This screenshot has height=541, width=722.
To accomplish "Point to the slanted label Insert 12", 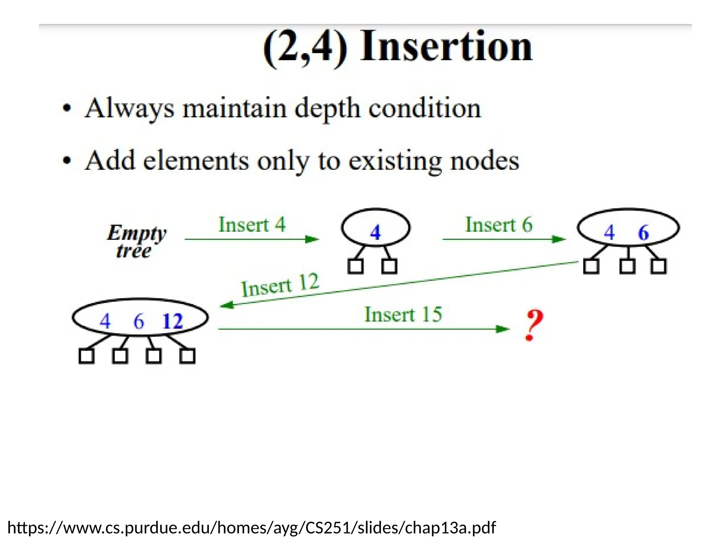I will point(280,285).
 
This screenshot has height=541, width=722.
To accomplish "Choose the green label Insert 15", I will point(403,314).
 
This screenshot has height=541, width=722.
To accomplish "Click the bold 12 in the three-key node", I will point(172,321).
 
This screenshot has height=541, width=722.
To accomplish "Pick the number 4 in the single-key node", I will point(375,232).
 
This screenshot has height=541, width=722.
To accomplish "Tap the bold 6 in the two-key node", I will point(643,232).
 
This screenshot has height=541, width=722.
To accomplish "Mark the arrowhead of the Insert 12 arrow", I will point(226,305).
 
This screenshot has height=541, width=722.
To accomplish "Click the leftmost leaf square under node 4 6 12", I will point(86,356).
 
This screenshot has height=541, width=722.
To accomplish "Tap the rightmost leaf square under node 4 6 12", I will point(187,356).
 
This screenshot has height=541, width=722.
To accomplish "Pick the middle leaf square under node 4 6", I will point(628,266).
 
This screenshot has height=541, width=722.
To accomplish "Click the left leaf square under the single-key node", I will point(355,266).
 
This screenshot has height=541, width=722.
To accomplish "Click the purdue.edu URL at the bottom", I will point(251,528).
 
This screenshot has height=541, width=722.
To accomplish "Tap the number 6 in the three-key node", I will point(139,321).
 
